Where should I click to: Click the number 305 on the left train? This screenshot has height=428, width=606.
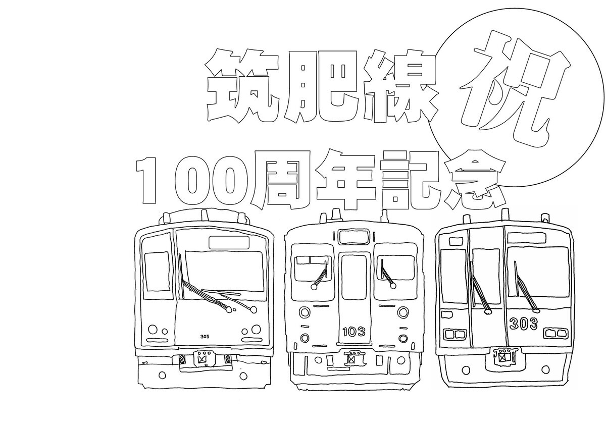click(x=205, y=336)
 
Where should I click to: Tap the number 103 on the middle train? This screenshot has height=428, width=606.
click(x=353, y=332)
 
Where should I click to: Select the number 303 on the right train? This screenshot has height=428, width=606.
click(x=523, y=324)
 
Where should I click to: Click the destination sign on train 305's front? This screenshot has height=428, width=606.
click(x=229, y=242)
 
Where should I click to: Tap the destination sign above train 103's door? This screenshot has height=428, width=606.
click(x=354, y=236)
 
